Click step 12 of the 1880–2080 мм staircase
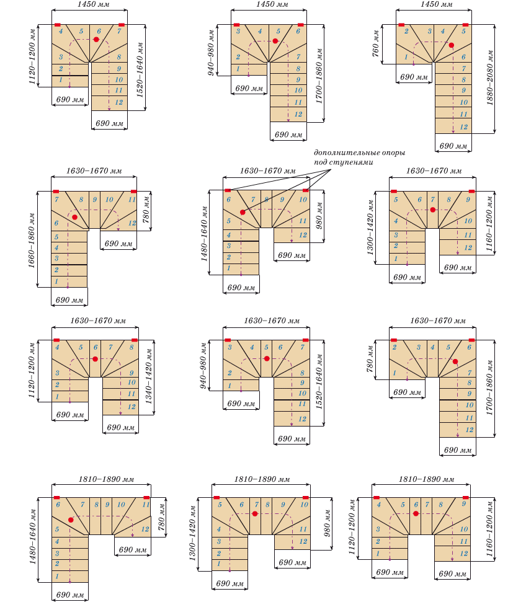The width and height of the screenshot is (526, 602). (463, 126)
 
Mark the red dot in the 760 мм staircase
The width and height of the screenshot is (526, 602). (452, 45)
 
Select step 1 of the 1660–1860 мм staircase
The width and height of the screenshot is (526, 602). (56, 282)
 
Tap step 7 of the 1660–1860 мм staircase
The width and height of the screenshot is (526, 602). (56, 200)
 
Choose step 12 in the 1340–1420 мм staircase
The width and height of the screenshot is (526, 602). (131, 406)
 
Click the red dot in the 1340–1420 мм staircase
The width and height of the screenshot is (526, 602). (95, 359)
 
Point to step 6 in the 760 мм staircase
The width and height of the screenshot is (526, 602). (463, 56)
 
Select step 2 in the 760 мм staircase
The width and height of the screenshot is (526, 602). (406, 31)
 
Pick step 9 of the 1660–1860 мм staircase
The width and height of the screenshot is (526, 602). (95, 200)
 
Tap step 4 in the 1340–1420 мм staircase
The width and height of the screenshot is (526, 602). (57, 348)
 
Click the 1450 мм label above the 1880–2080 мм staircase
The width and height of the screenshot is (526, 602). (434, 4)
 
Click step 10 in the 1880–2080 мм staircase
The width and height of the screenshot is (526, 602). (463, 102)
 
